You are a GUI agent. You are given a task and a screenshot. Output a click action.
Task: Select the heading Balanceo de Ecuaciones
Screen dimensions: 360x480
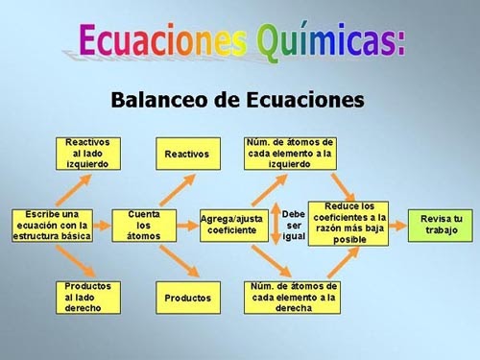pos(238,99)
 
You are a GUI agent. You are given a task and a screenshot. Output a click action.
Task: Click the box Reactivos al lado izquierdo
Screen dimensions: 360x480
pos(87,154)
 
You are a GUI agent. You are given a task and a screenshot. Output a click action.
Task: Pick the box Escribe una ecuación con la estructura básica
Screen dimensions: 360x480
pos(52,225)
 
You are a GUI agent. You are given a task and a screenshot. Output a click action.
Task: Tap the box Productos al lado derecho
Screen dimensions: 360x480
pos(87,297)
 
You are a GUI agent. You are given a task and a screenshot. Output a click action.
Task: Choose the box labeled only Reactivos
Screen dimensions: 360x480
pos(186,154)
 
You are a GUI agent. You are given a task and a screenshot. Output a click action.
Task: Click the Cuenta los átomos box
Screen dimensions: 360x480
pos(143,225)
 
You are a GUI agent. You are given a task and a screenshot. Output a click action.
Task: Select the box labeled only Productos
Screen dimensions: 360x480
pos(187,298)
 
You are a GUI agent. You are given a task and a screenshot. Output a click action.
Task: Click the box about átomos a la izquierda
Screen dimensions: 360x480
pos(290,153)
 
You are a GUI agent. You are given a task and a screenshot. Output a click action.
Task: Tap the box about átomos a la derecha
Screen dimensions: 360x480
pos(293,297)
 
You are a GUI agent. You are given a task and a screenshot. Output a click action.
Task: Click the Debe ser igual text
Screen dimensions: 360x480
pos(294,225)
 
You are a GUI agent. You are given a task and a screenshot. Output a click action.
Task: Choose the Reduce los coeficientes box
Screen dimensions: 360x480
pos(348,224)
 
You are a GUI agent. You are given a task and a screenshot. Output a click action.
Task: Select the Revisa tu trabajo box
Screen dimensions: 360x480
pos(441,225)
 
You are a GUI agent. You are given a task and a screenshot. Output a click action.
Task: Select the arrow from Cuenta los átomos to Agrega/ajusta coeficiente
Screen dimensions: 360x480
pos(185,225)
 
